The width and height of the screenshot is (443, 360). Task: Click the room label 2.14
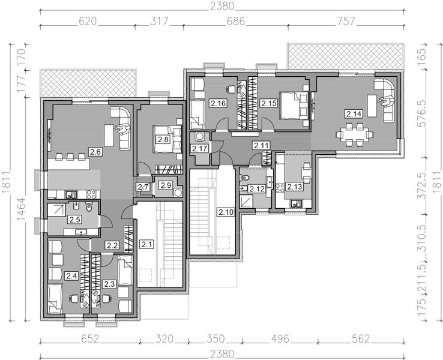tap(354, 114)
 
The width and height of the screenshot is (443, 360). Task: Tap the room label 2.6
tap(95, 152)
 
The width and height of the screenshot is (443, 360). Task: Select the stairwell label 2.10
tap(226, 212)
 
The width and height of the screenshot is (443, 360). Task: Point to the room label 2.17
tap(200, 148)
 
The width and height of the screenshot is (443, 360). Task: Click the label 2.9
tap(166, 185)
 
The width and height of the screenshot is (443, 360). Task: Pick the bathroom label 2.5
tap(74, 220)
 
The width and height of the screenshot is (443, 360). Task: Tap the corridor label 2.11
tap(261, 146)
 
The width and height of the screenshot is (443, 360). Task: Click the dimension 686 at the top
tap(235, 21)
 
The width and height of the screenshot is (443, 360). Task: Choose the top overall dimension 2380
tap(222, 6)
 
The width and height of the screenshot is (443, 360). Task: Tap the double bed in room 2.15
tap(294, 106)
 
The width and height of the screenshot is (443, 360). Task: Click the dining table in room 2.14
tap(355, 134)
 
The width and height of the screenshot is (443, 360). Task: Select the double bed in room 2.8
tap(167, 139)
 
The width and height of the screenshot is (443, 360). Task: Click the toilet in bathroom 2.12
tap(245, 178)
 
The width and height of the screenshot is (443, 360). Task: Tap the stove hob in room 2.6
tap(91, 194)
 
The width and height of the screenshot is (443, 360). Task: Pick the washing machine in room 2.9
tap(178, 193)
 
